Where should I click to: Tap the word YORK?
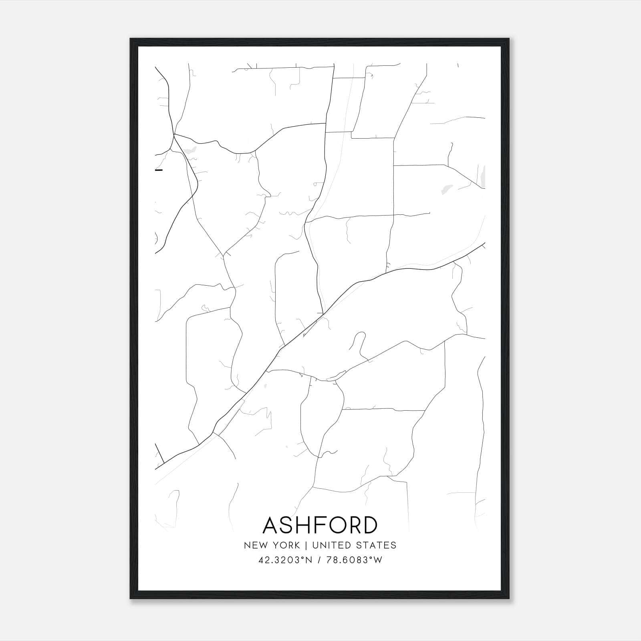tap(286, 545)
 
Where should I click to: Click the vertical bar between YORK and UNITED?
tap(306, 545)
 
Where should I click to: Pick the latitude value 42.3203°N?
tap(285, 560)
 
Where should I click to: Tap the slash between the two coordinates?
tap(318, 560)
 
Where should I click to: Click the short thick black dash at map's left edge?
tap(159, 170)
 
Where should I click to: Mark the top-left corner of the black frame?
tap(131, 39)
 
